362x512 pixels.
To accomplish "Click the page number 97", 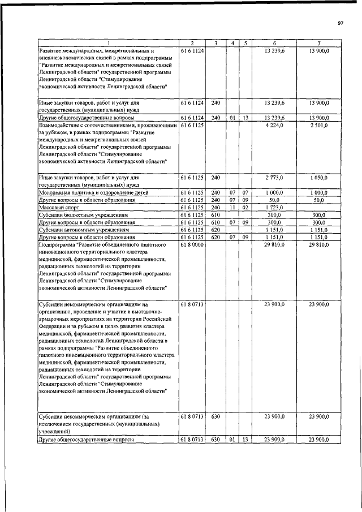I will point(341,23).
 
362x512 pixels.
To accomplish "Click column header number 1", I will point(108,44).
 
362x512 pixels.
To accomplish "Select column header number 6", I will point(274,44).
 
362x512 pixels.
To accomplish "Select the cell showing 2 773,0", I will point(274,177).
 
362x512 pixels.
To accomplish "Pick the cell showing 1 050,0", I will point(319,177).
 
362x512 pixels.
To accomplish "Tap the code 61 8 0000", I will point(192,245).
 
